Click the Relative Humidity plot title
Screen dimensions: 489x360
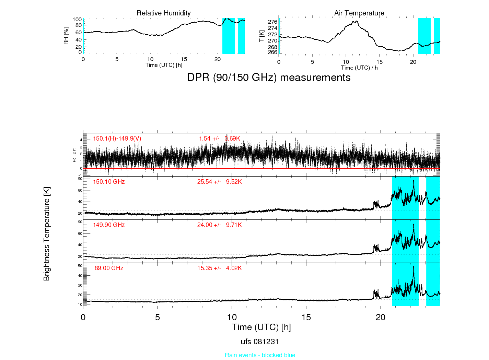pyautogui.click(x=163, y=13)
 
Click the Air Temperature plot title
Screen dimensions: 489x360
pyautogui.click(x=359, y=13)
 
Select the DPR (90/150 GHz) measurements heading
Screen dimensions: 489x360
pyautogui.click(x=269, y=77)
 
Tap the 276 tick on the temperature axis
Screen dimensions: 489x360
pyautogui.click(x=272, y=22)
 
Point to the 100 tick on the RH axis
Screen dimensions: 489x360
pyautogui.click(x=77, y=20)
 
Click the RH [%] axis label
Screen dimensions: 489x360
pyautogui.click(x=66, y=36)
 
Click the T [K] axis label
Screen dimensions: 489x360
pyautogui.click(x=261, y=36)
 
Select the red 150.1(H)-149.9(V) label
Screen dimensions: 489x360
pyautogui.click(x=117, y=139)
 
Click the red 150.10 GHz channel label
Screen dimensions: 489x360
pyautogui.click(x=109, y=182)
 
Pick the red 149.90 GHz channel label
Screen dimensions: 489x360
pyautogui.click(x=109, y=225)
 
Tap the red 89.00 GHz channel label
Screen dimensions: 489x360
pyautogui.click(x=109, y=268)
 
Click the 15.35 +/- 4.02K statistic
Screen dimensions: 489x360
pyautogui.click(x=220, y=268)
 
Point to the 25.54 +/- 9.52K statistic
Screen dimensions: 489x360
pyautogui.click(x=219, y=182)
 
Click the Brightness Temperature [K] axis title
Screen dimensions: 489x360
pyautogui.click(x=47, y=234)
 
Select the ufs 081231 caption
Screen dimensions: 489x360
pyautogui.click(x=260, y=342)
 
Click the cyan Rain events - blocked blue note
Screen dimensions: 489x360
pyautogui.click(x=260, y=355)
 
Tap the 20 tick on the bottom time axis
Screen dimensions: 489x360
pyautogui.click(x=381, y=317)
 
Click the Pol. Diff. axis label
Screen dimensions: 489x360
pyautogui.click(x=74, y=155)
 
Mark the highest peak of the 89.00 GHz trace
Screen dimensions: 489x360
pyautogui.click(x=414, y=266)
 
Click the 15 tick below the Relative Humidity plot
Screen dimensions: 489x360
pyautogui.click(x=184, y=59)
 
